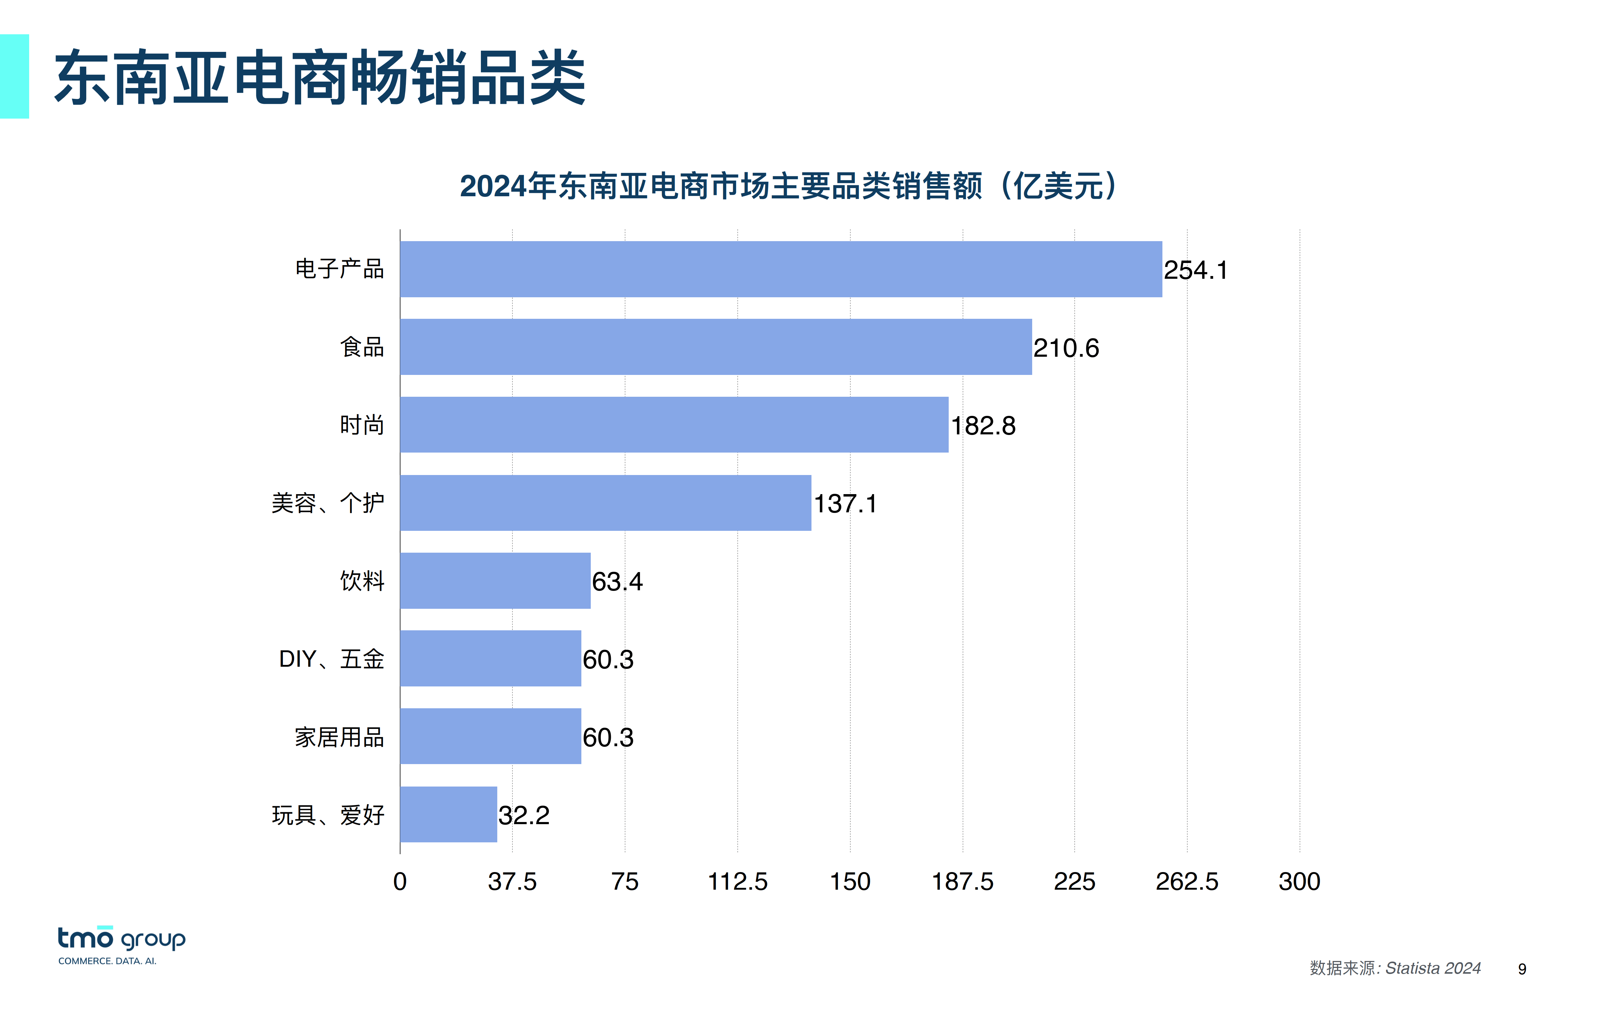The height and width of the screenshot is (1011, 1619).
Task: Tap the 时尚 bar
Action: [x=674, y=425]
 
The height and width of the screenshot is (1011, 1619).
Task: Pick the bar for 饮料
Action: [x=495, y=580]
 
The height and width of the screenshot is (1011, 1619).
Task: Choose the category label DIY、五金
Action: [x=331, y=659]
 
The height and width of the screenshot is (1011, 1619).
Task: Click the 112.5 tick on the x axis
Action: [x=737, y=881]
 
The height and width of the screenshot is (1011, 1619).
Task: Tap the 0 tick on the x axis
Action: [x=400, y=881]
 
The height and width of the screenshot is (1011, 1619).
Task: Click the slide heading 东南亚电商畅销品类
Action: [x=320, y=78]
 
